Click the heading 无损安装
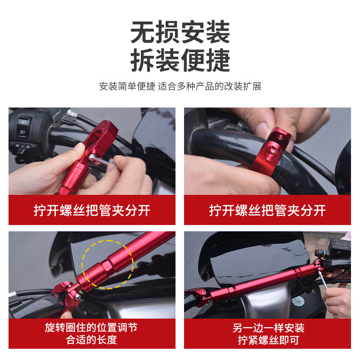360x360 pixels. coord(180,32)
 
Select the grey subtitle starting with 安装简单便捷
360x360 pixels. coord(180,86)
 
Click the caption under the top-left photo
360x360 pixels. coord(92,210)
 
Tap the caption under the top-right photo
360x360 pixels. coord(267,210)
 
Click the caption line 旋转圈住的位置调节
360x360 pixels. coord(92,327)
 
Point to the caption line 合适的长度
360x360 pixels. coord(92,340)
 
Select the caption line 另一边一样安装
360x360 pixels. coord(268,328)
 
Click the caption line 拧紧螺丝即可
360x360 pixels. coord(268,340)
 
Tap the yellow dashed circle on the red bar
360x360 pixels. coord(107,264)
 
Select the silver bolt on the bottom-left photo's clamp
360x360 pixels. coord(78,297)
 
